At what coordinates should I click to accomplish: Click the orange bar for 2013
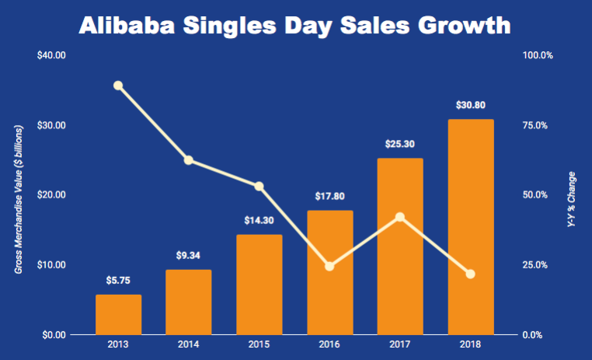[x=118, y=315]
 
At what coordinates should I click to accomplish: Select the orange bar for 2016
[x=329, y=272]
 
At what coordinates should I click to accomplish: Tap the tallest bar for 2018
[x=470, y=227]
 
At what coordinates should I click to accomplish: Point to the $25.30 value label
[x=399, y=144]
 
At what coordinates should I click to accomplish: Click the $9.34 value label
[x=189, y=255]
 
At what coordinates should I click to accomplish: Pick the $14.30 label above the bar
[x=259, y=220]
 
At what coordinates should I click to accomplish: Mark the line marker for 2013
[x=118, y=86]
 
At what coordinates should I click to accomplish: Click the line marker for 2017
[x=400, y=217]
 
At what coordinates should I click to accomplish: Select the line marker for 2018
[x=470, y=274]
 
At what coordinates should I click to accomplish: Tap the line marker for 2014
[x=189, y=160]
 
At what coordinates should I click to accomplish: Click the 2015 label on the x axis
[x=259, y=344]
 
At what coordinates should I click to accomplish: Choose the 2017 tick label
[x=399, y=344]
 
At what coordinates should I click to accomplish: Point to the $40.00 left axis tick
[x=50, y=56]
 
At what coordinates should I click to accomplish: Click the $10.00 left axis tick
[x=50, y=265]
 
